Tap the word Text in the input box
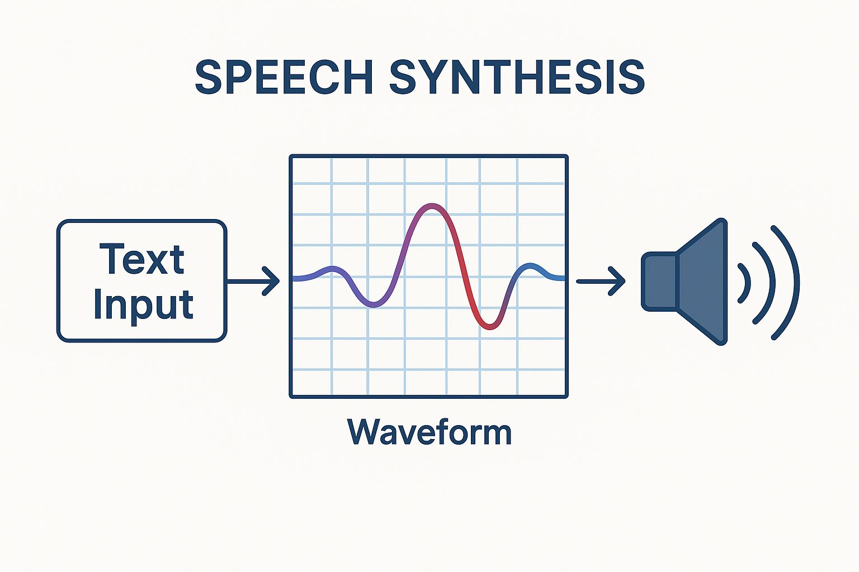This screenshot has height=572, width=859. coord(142,260)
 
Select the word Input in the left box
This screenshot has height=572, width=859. coord(143,305)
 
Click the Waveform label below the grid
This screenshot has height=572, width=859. coord(429,432)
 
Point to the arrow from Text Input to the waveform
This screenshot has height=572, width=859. coord(254,281)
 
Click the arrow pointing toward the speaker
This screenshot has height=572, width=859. coord(601,281)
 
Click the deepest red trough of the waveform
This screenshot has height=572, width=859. coord(490,327)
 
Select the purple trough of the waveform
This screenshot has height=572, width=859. coord(374,305)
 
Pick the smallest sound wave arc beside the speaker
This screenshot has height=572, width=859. coord(745,283)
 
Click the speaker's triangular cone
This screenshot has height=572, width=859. coord(704,282)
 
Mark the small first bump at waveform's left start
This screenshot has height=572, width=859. coord(332,269)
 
